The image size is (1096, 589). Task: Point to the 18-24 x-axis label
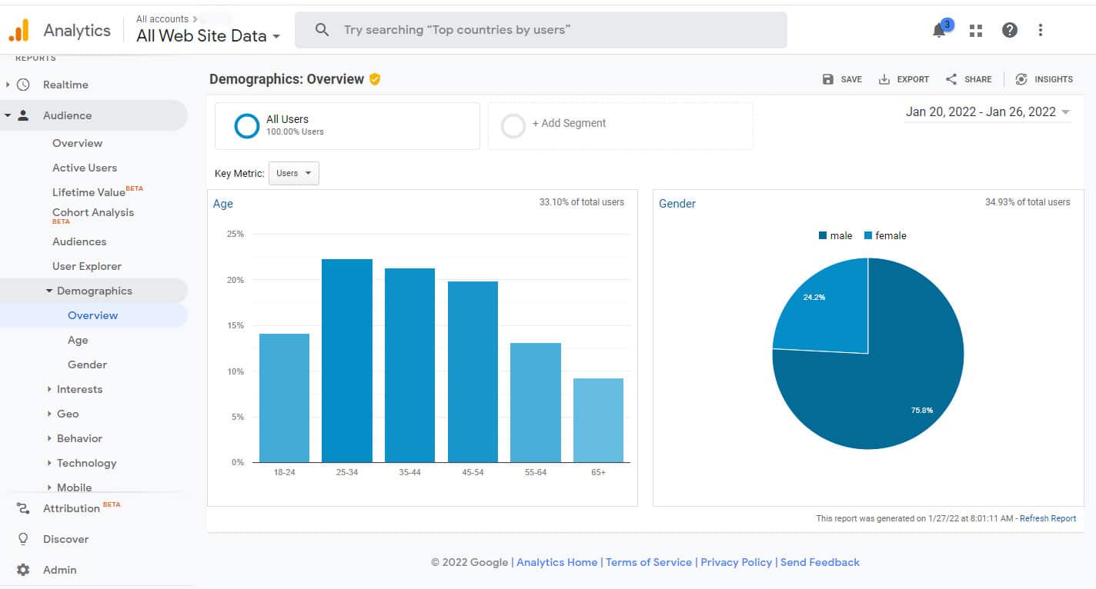click(x=284, y=472)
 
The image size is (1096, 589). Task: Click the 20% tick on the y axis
click(x=235, y=280)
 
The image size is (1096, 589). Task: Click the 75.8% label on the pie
click(x=921, y=411)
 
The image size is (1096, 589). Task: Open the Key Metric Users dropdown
click(x=293, y=174)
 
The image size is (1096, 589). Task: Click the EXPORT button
click(x=904, y=79)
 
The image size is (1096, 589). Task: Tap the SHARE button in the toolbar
click(x=969, y=79)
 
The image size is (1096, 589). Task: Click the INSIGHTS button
click(x=1044, y=79)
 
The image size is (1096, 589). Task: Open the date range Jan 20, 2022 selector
click(x=987, y=112)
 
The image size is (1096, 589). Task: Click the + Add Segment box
click(x=620, y=125)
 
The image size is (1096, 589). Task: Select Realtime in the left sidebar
click(x=65, y=85)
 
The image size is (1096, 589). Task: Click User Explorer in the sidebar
click(x=87, y=266)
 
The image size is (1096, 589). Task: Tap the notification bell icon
click(x=939, y=31)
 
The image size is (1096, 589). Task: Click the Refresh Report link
click(x=1048, y=518)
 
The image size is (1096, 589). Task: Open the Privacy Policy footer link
click(x=736, y=562)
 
